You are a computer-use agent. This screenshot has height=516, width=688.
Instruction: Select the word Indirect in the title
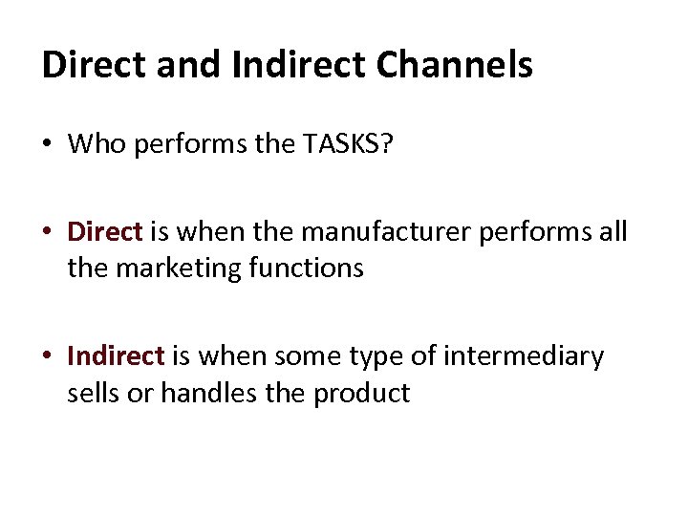pyautogui.click(x=293, y=65)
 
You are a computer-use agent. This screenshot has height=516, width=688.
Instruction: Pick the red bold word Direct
pyautogui.click(x=104, y=232)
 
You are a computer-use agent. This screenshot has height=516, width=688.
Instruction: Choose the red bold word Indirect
pyautogui.click(x=116, y=356)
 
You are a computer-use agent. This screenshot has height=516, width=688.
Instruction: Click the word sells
pyautogui.click(x=92, y=393)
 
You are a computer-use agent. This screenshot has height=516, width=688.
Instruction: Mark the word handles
pyautogui.click(x=202, y=393)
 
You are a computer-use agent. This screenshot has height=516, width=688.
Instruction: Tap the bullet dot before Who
pyautogui.click(x=49, y=145)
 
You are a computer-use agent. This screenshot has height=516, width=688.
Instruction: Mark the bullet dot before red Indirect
pyautogui.click(x=49, y=357)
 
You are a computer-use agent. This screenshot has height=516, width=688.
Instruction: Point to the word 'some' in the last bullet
pyautogui.click(x=304, y=356)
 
